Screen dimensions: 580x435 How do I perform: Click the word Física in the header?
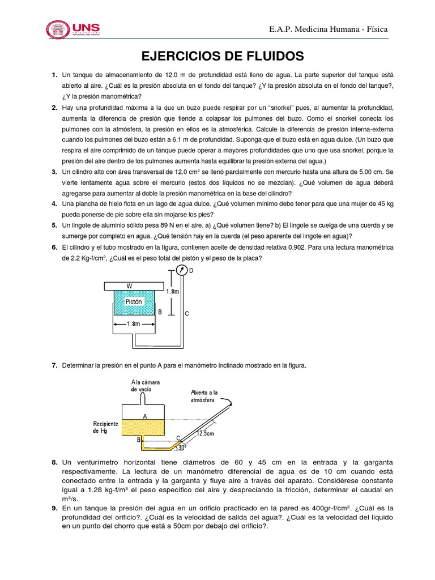376,29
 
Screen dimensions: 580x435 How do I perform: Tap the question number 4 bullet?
54,204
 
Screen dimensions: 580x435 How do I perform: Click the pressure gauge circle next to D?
181,270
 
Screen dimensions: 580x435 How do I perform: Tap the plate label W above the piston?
130,285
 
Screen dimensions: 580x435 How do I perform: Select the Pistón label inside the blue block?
134,301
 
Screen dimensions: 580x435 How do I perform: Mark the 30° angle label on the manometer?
181,447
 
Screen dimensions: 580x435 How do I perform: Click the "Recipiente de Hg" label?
106,427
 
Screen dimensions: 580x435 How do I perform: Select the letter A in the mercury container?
145,416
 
